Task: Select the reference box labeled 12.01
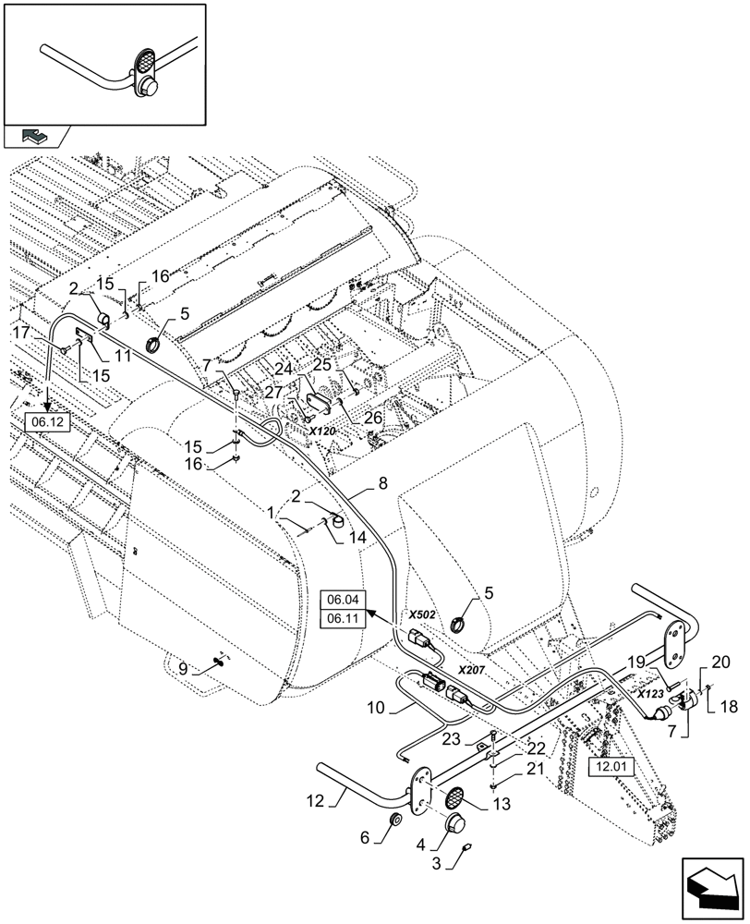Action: [609, 765]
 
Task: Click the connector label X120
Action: [322, 431]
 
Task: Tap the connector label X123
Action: [650, 691]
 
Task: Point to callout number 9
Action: [184, 666]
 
